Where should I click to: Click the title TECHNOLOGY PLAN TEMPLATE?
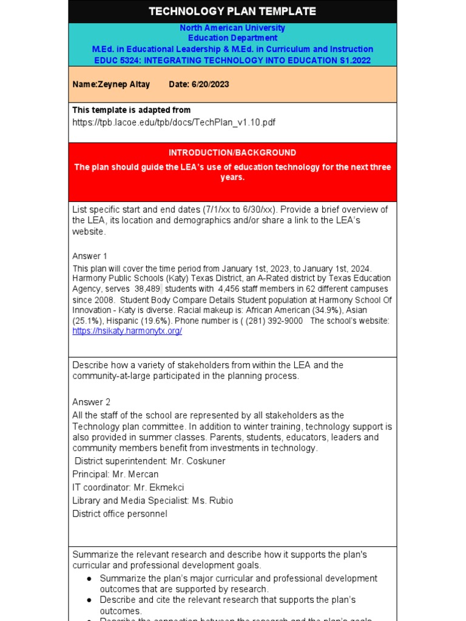(x=232, y=12)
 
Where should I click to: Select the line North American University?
(x=232, y=28)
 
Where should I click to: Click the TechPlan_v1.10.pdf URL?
(x=174, y=122)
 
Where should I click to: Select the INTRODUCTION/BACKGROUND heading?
(x=232, y=153)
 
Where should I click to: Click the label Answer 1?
(x=90, y=256)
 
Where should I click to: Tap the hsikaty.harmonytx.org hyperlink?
(x=127, y=331)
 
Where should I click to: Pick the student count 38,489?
(x=147, y=289)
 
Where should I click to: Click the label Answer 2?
(x=91, y=402)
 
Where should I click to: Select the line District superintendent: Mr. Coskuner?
(x=149, y=461)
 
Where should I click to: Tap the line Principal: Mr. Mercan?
(x=115, y=474)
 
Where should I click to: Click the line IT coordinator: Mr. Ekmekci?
(x=128, y=488)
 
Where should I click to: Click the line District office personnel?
(x=120, y=514)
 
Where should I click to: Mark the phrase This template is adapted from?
(x=132, y=110)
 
